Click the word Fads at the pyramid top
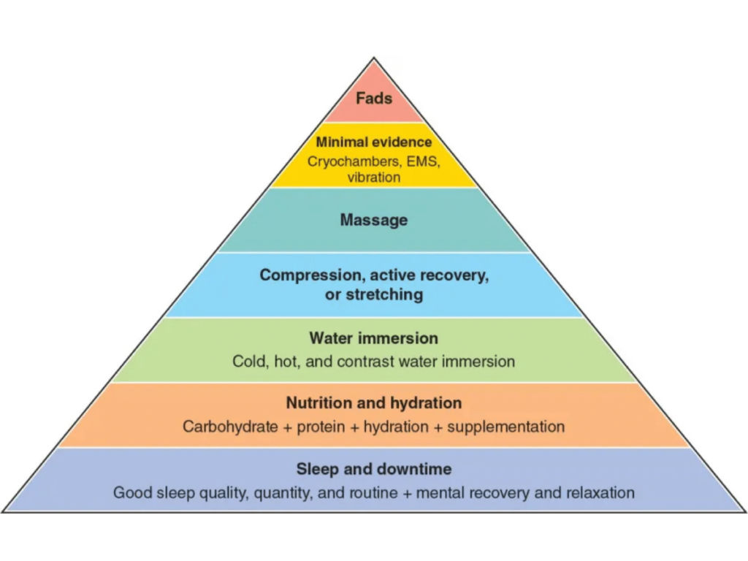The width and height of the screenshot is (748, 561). click(374, 98)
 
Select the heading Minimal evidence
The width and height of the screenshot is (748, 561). click(374, 142)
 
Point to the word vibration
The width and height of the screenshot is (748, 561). click(374, 178)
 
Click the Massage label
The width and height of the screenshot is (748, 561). click(374, 220)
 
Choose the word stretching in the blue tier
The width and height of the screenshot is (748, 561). click(383, 295)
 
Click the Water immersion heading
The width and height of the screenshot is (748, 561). click(374, 338)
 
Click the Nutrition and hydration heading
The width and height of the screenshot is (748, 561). click(374, 403)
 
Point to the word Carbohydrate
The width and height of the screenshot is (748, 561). click(231, 427)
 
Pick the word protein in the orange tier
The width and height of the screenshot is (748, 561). click(320, 427)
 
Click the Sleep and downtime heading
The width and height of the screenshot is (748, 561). click(374, 469)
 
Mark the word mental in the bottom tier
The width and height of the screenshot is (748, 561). click(447, 493)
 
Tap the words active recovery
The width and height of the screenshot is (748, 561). click(430, 275)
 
